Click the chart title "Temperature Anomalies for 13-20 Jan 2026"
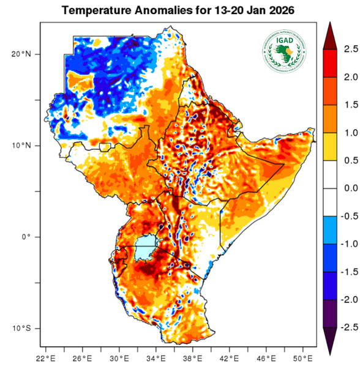(180, 10)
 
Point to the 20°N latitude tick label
(21, 54)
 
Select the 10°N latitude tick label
(21, 146)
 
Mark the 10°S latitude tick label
(21, 328)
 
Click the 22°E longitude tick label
(46, 358)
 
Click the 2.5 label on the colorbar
(346, 48)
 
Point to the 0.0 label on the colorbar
(346, 188)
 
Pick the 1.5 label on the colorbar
(346, 104)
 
